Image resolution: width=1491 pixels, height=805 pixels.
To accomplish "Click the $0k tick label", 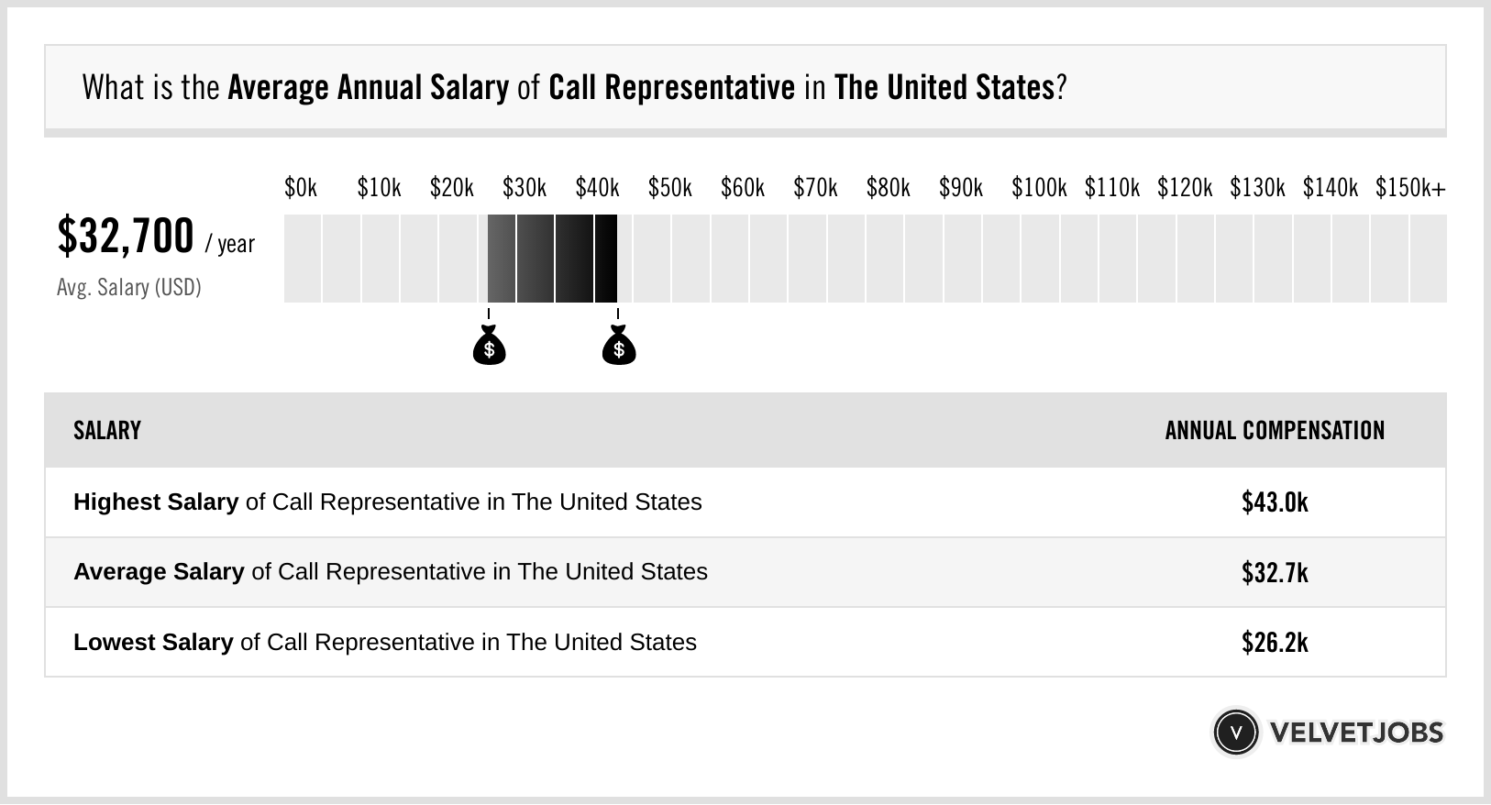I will (x=301, y=189).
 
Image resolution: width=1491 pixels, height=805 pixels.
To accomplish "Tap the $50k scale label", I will (x=669, y=189).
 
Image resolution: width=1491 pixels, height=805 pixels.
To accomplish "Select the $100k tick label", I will (x=1038, y=189).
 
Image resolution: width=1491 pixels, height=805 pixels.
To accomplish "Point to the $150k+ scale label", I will (x=1409, y=189).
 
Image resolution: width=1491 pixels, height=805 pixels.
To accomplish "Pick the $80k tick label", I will (x=888, y=189).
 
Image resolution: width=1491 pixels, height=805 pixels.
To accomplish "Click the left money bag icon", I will (x=489, y=346).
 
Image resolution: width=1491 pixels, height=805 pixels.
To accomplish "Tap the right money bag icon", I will (x=619, y=346).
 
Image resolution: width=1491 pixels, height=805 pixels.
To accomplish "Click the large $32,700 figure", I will (x=126, y=237).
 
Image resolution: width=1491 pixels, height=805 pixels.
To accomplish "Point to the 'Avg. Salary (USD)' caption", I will (x=129, y=288).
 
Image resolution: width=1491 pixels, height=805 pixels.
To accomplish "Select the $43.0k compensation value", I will (x=1275, y=502).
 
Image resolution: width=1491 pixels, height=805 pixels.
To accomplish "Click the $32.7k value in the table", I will (x=1275, y=572).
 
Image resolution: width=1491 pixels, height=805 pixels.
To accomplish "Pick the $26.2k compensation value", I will (x=1275, y=643).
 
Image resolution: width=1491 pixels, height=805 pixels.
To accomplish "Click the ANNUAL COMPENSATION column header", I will (x=1275, y=431).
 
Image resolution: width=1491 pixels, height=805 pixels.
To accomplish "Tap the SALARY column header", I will (x=107, y=431).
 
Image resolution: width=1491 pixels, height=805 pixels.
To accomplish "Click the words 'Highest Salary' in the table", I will (x=156, y=502).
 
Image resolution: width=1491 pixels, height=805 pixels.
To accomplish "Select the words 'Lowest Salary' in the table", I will (x=153, y=643).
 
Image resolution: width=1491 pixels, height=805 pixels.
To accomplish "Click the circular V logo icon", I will (x=1235, y=733).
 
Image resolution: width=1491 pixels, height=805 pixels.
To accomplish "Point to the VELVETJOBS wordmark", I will (x=1356, y=733).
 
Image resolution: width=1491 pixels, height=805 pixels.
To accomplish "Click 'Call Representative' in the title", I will (x=671, y=88).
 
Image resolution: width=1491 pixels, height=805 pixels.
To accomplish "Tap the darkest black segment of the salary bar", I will (x=605, y=259).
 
